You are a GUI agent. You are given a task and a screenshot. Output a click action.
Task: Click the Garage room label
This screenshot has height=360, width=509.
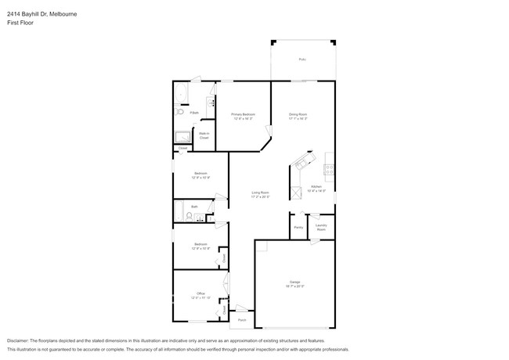click(x=295, y=282)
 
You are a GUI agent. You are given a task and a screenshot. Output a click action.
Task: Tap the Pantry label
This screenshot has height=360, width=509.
click(x=298, y=227)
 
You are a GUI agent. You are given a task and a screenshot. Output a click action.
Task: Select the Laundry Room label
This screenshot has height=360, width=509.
click(x=321, y=227)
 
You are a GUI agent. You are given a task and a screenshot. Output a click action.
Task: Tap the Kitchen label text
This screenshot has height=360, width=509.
click(x=316, y=186)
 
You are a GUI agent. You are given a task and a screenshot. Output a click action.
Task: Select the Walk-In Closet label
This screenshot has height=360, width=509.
click(x=203, y=135)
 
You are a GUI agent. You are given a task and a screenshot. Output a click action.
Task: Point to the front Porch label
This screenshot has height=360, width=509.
click(x=241, y=320)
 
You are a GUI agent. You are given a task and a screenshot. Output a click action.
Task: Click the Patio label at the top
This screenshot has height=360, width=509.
click(x=302, y=59)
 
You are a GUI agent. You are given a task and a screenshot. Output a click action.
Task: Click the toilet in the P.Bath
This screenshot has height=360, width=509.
click(x=179, y=113)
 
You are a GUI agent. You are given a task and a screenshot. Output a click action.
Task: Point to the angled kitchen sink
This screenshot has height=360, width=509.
click(x=301, y=164)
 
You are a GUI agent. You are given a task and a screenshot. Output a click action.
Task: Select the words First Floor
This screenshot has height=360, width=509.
click(x=21, y=23)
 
